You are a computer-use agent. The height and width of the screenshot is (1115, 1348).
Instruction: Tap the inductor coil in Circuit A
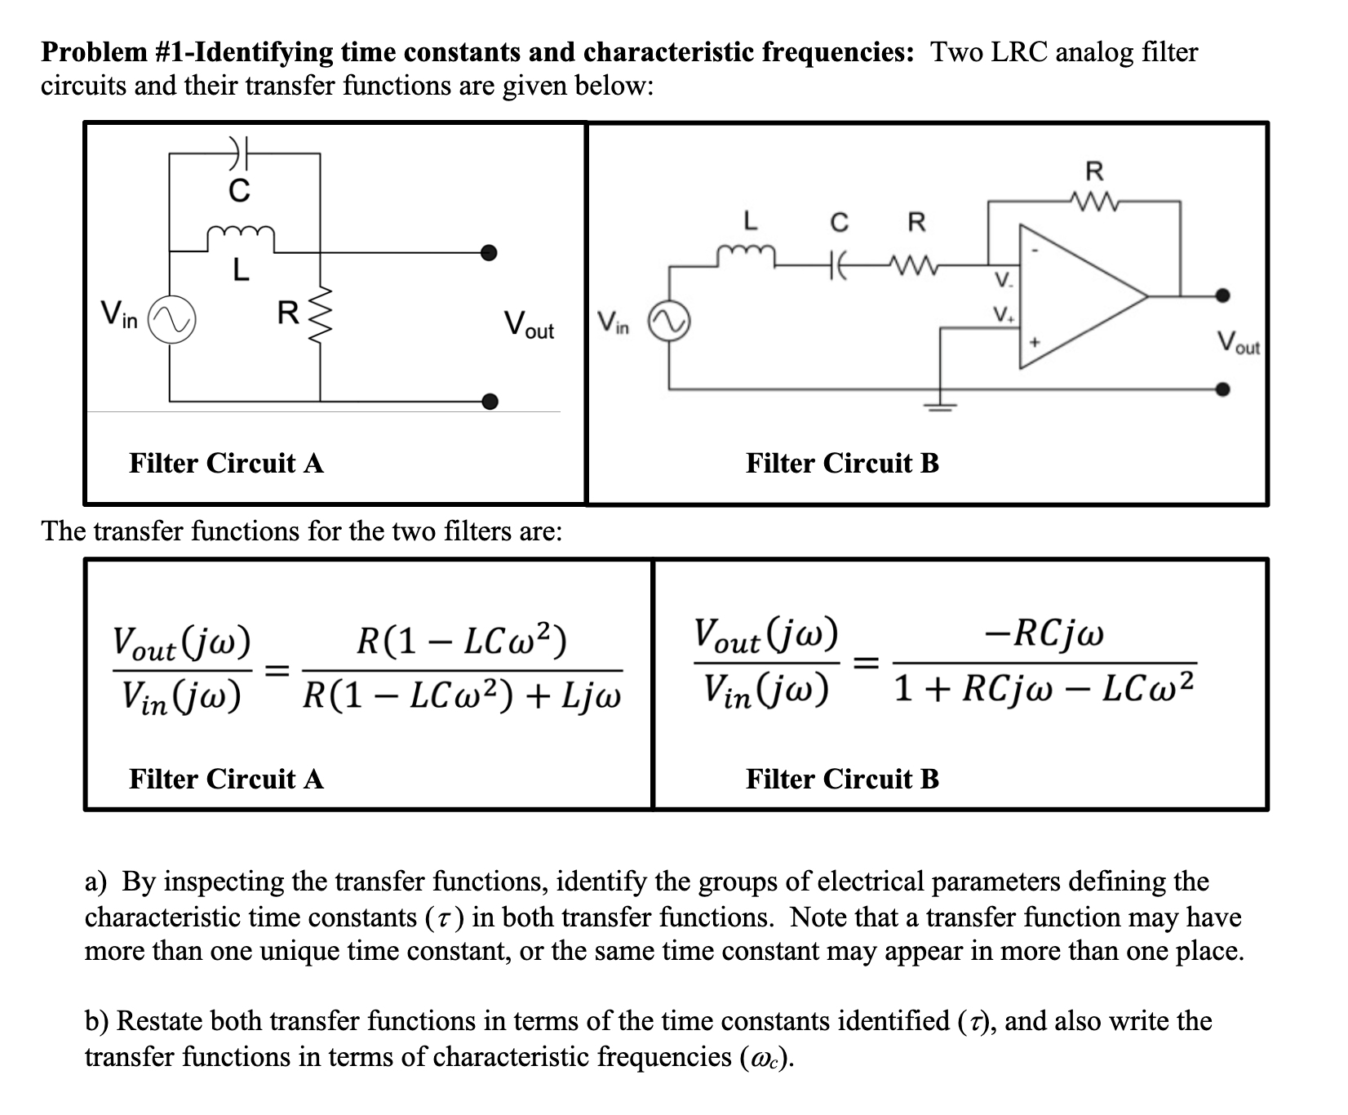(240, 235)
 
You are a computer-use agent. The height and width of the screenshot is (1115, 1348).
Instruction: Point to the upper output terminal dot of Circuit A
(489, 252)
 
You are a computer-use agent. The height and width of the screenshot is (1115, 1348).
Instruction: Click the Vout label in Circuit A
(528, 324)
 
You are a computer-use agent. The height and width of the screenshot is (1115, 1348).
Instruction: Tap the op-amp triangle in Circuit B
(1077, 295)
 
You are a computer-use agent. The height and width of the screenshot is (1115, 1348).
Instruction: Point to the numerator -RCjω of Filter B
(1045, 634)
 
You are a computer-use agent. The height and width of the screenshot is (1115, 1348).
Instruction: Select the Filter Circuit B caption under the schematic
(842, 464)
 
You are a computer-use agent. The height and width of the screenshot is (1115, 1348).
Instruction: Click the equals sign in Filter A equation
(278, 670)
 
